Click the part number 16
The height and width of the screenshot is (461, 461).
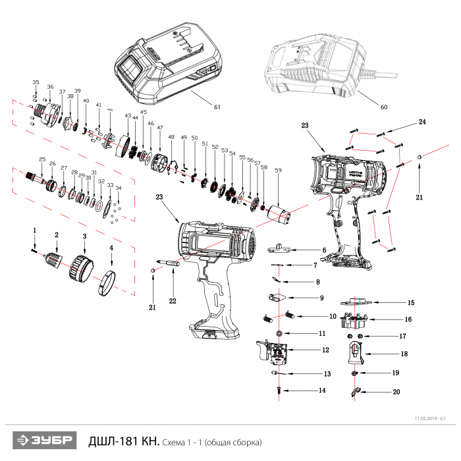(x=408, y=319)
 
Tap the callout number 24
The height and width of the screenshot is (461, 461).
(x=422, y=122)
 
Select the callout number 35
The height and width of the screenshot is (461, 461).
(x=36, y=82)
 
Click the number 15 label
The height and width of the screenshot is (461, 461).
(x=410, y=303)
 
